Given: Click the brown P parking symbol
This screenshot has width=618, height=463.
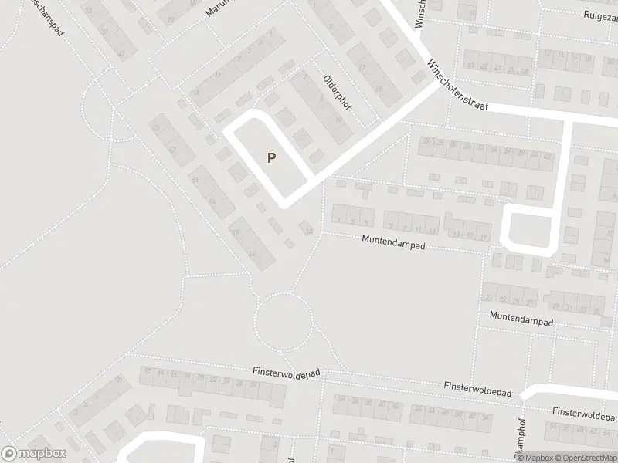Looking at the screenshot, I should tap(271, 157).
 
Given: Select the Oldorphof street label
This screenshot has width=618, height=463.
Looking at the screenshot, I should tap(338, 92).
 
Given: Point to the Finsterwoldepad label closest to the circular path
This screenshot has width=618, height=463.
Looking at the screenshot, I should tap(286, 371).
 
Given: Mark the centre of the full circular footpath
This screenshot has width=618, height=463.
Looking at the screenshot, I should tap(284, 319).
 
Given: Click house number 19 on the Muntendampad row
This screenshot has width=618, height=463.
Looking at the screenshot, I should tap(484, 235).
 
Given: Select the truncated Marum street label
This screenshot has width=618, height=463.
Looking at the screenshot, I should tap(219, 9).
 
